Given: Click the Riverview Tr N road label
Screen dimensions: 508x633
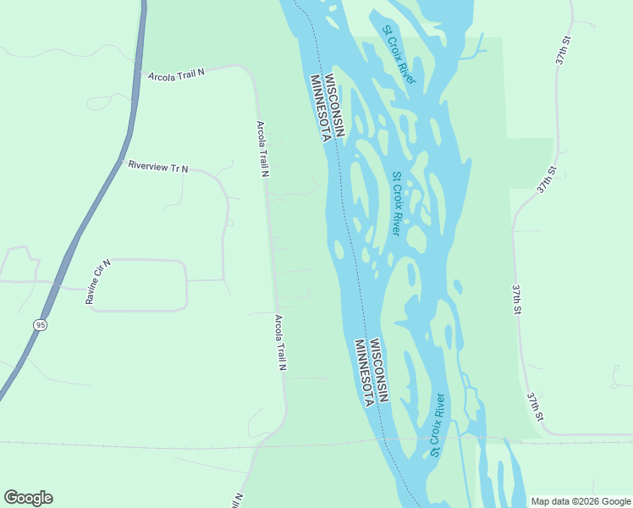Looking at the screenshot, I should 157,167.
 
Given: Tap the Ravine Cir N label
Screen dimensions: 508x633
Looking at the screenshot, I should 98,282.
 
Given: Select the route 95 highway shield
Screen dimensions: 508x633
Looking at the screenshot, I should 40,324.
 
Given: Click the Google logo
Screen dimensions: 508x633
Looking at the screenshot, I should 28,498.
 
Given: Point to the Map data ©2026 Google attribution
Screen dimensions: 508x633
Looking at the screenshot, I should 580,501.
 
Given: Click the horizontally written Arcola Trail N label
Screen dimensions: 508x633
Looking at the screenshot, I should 177,75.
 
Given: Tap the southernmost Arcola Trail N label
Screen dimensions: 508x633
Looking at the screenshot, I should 280,343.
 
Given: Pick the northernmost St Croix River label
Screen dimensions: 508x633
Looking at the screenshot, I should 399,53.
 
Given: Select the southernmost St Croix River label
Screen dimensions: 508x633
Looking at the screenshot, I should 437,424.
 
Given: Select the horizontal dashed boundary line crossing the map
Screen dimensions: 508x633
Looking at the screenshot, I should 169,442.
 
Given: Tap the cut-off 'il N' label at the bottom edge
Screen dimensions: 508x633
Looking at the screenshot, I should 236,500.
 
